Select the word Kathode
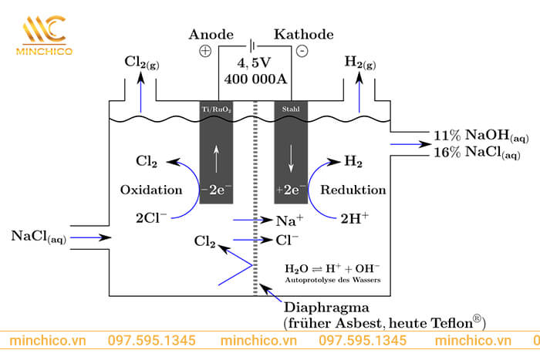pos(304,35)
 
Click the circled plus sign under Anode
pos(205,52)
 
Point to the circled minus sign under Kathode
pos(302,52)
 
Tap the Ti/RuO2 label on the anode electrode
pos(216,109)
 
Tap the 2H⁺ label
pos(354,217)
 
